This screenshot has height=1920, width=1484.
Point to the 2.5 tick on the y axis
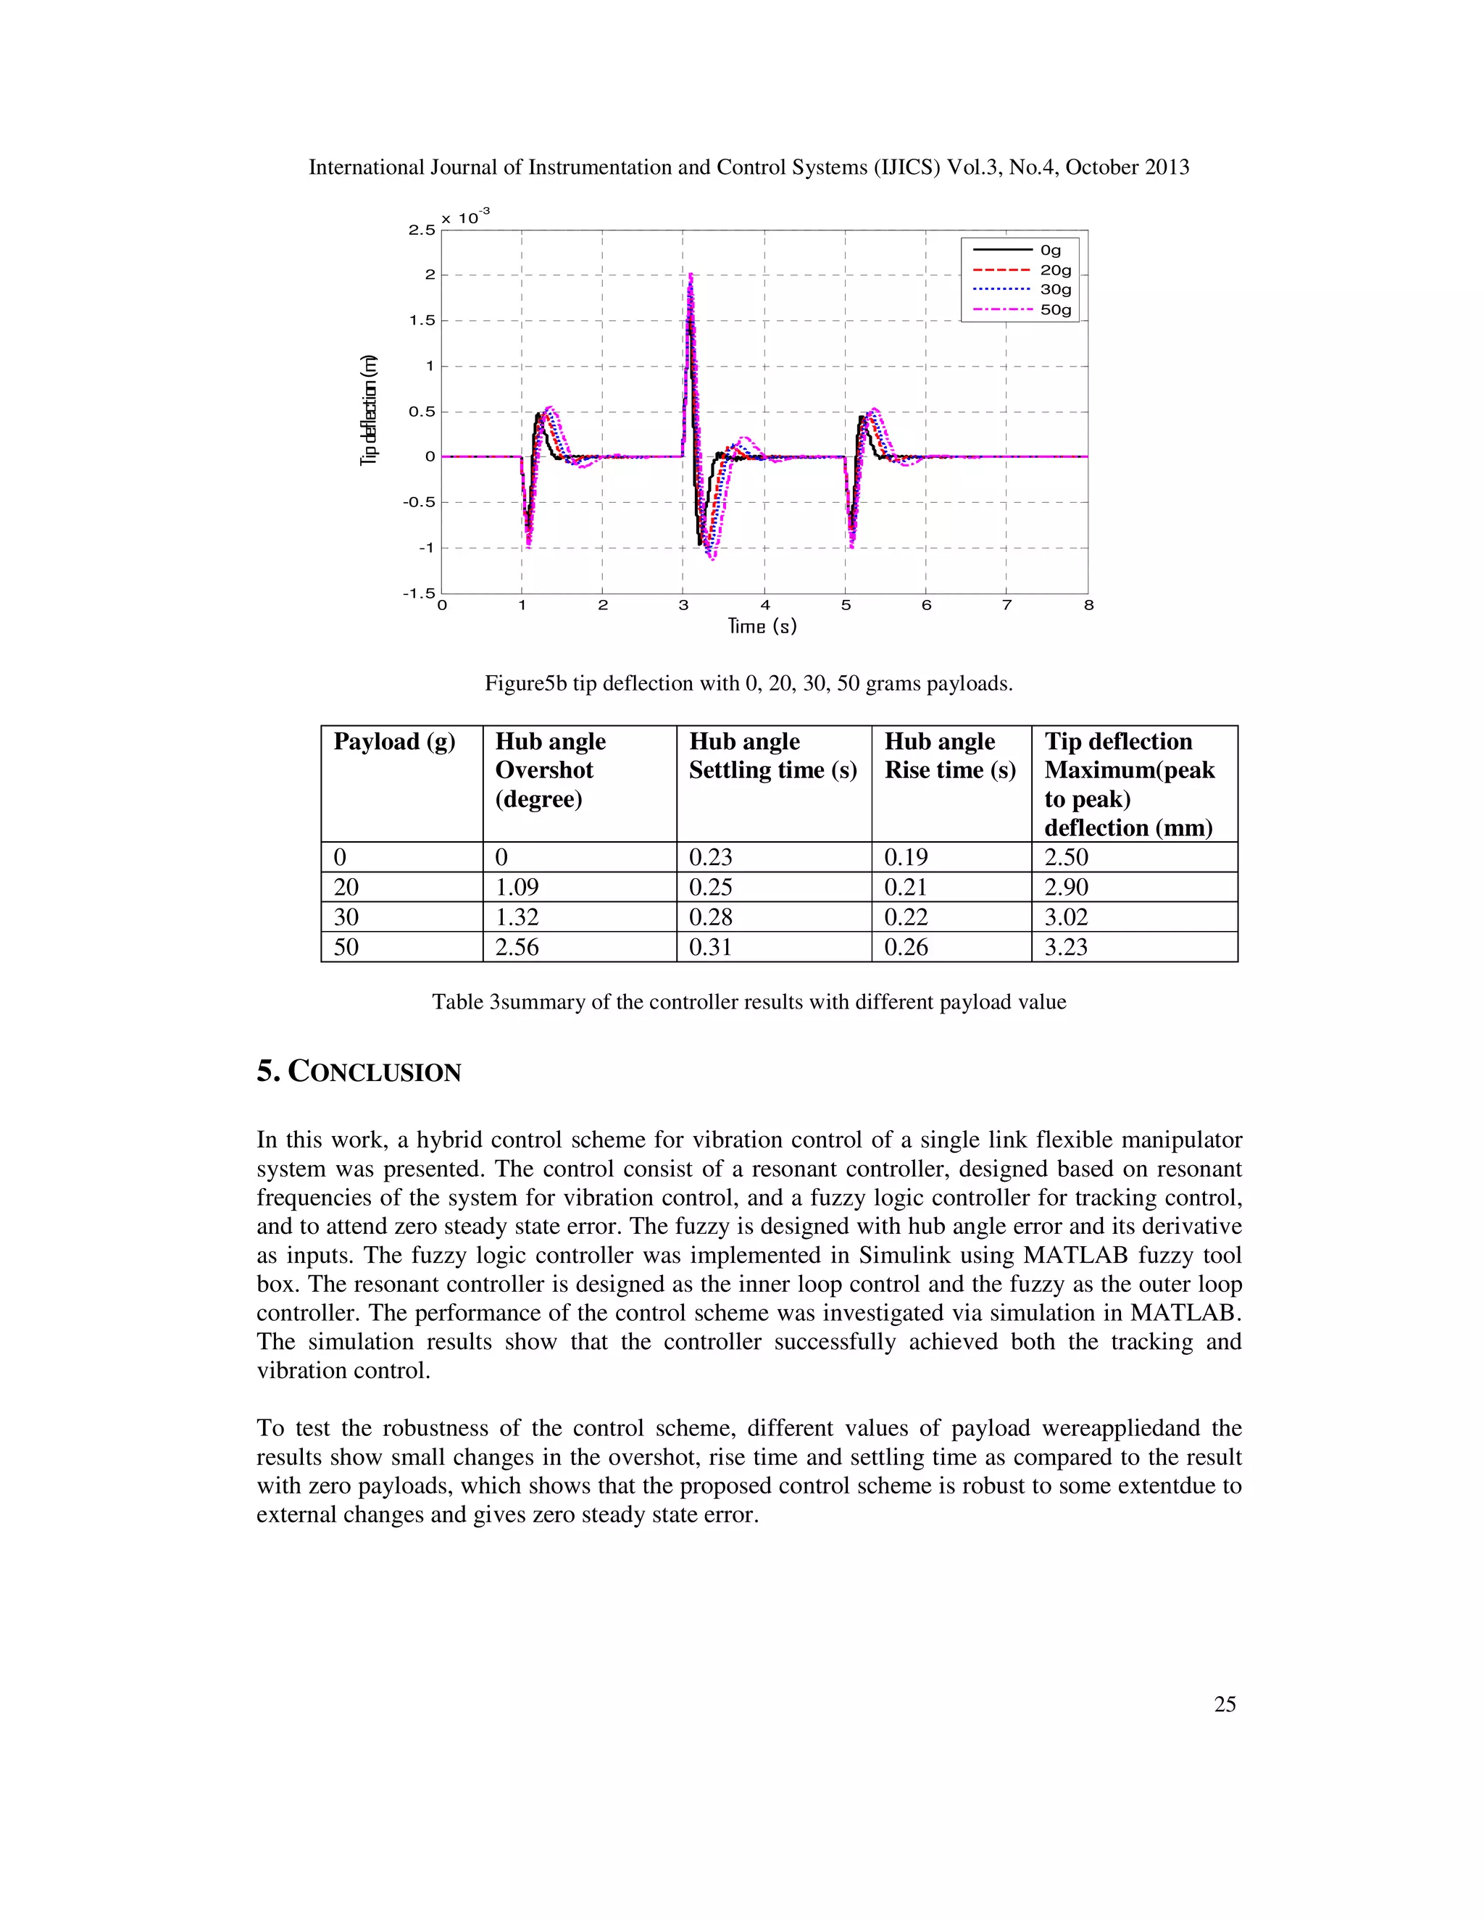421,230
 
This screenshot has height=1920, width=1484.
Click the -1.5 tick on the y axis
419,593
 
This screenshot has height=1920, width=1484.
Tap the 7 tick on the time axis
1006,606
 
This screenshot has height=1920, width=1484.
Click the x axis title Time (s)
762,626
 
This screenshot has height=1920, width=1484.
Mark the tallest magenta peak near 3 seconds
691,276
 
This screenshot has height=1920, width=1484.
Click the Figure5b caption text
748,684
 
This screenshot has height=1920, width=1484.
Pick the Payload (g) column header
394,742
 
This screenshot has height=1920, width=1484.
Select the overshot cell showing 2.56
517,947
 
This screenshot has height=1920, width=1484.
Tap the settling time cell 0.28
710,917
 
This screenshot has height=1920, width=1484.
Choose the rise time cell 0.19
906,857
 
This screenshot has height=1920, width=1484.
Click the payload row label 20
346,887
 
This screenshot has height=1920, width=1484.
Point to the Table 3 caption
748,1002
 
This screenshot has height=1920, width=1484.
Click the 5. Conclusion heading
359,1072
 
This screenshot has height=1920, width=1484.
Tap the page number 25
1225,1705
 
